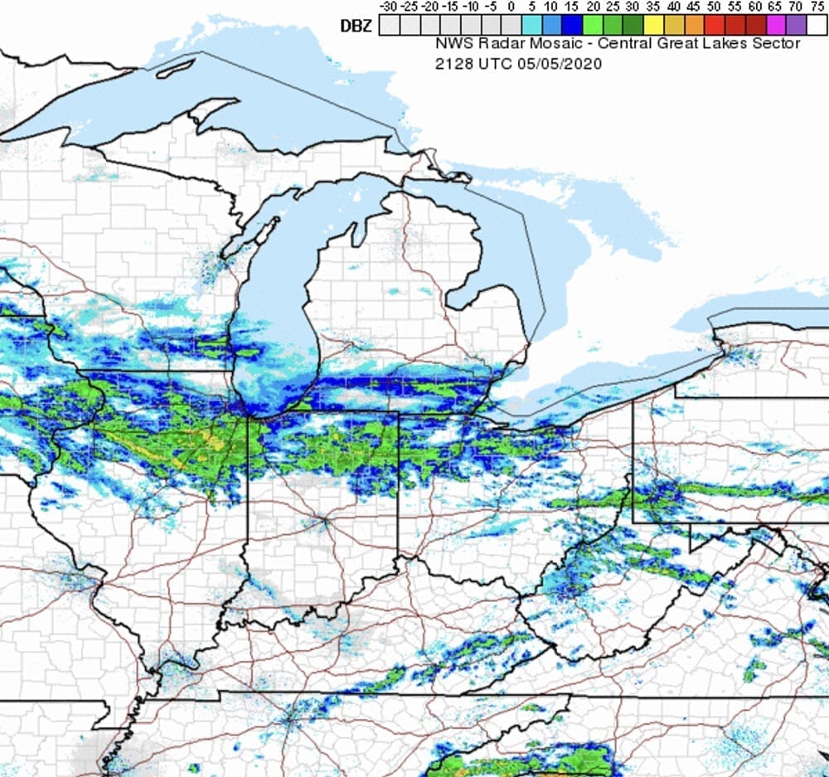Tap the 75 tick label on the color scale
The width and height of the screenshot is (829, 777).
coord(817,7)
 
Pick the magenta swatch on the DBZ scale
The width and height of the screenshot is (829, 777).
coord(774,26)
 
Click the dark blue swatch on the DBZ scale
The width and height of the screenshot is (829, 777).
coord(571,26)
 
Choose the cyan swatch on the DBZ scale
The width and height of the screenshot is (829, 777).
coord(531,26)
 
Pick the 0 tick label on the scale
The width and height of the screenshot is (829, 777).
coord(511,7)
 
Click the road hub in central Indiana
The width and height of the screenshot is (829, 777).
coord(321,522)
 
